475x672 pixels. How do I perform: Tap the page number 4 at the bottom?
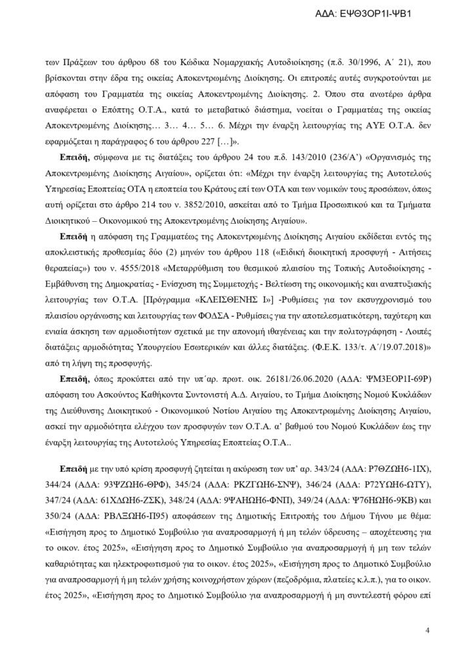(427, 631)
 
